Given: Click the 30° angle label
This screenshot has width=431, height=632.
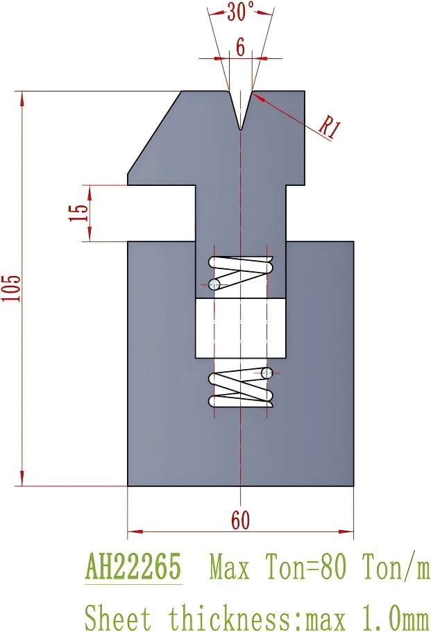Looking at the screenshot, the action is [241, 11].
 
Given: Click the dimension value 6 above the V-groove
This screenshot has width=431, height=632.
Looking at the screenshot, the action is [240, 47].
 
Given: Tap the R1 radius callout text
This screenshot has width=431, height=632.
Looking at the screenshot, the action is [330, 128].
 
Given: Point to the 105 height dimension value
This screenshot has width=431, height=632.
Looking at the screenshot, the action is [10, 288].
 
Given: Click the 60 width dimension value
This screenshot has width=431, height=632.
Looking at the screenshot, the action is [240, 520].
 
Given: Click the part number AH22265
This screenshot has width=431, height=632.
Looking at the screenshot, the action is [133, 566].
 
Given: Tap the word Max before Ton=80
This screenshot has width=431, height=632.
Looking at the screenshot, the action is [230, 567].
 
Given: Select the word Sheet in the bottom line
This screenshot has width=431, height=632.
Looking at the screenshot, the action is [117, 617].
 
